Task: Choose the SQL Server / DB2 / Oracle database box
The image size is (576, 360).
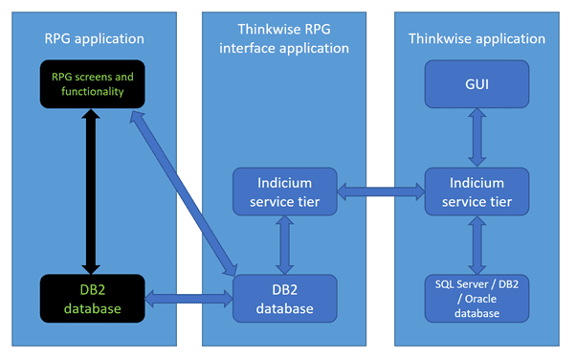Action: click(476, 298)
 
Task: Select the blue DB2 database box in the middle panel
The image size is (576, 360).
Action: click(285, 298)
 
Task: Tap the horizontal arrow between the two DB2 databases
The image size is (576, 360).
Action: click(189, 299)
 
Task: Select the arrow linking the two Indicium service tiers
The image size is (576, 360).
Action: click(381, 191)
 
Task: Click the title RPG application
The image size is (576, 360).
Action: click(94, 38)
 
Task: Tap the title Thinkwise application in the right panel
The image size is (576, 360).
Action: click(476, 38)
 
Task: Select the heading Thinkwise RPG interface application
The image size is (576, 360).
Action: click(285, 38)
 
